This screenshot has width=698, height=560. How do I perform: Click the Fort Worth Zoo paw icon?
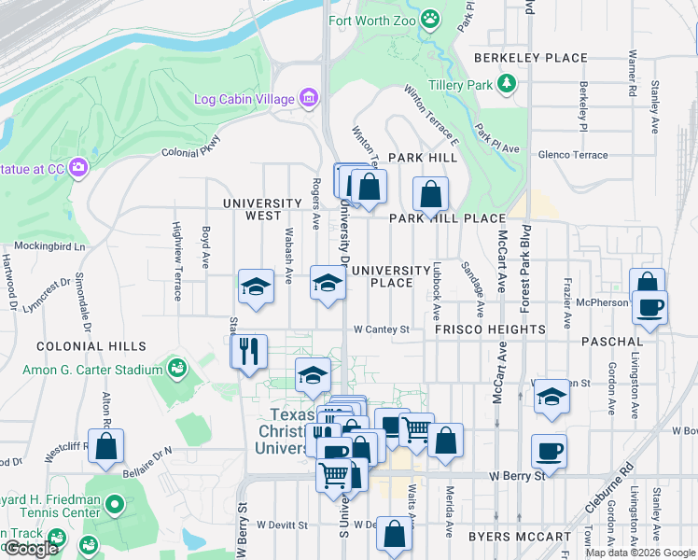tap(429, 18)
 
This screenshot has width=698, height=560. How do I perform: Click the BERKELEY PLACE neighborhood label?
tap(530, 58)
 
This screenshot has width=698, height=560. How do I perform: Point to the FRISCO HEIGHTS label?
tap(490, 329)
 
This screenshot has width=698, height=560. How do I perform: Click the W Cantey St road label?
tap(382, 329)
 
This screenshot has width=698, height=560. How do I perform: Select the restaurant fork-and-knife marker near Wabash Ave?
tap(249, 352)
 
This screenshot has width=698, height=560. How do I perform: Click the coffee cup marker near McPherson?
tap(650, 306)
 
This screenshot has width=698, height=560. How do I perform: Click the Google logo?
tap(31, 550)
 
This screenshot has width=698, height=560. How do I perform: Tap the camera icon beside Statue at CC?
tap(78, 168)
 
